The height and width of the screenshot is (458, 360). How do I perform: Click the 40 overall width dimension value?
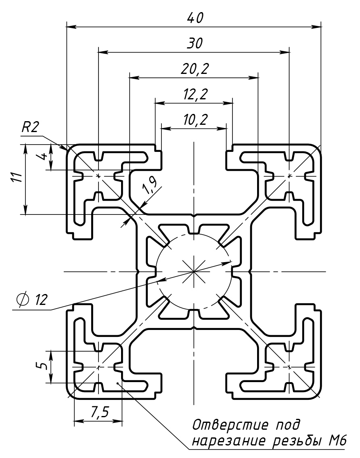(x=195, y=18)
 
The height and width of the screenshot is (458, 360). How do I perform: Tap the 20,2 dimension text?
(x=195, y=69)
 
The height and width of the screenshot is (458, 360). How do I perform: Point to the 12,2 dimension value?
(x=195, y=95)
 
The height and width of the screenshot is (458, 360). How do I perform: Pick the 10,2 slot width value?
(x=195, y=120)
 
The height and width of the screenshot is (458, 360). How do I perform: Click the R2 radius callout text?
(x=30, y=128)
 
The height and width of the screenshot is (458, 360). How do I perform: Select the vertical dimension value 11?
(x=15, y=178)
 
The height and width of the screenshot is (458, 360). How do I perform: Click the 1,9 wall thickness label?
(x=150, y=186)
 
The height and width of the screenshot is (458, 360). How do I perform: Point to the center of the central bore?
(x=194, y=271)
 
